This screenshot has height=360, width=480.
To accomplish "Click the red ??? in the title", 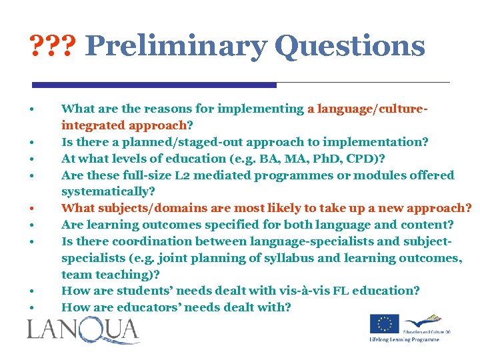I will pyautogui.click(x=54, y=47).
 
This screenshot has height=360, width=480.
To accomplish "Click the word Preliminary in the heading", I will pyautogui.click(x=175, y=47).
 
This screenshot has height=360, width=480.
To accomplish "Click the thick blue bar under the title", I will pyautogui.click(x=154, y=85).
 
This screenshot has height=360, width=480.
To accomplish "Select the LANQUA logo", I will pyautogui.click(x=83, y=331).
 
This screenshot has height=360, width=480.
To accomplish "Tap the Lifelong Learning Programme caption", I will pyautogui.click(x=405, y=339).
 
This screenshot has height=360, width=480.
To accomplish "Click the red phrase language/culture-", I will pyautogui.click(x=373, y=109).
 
